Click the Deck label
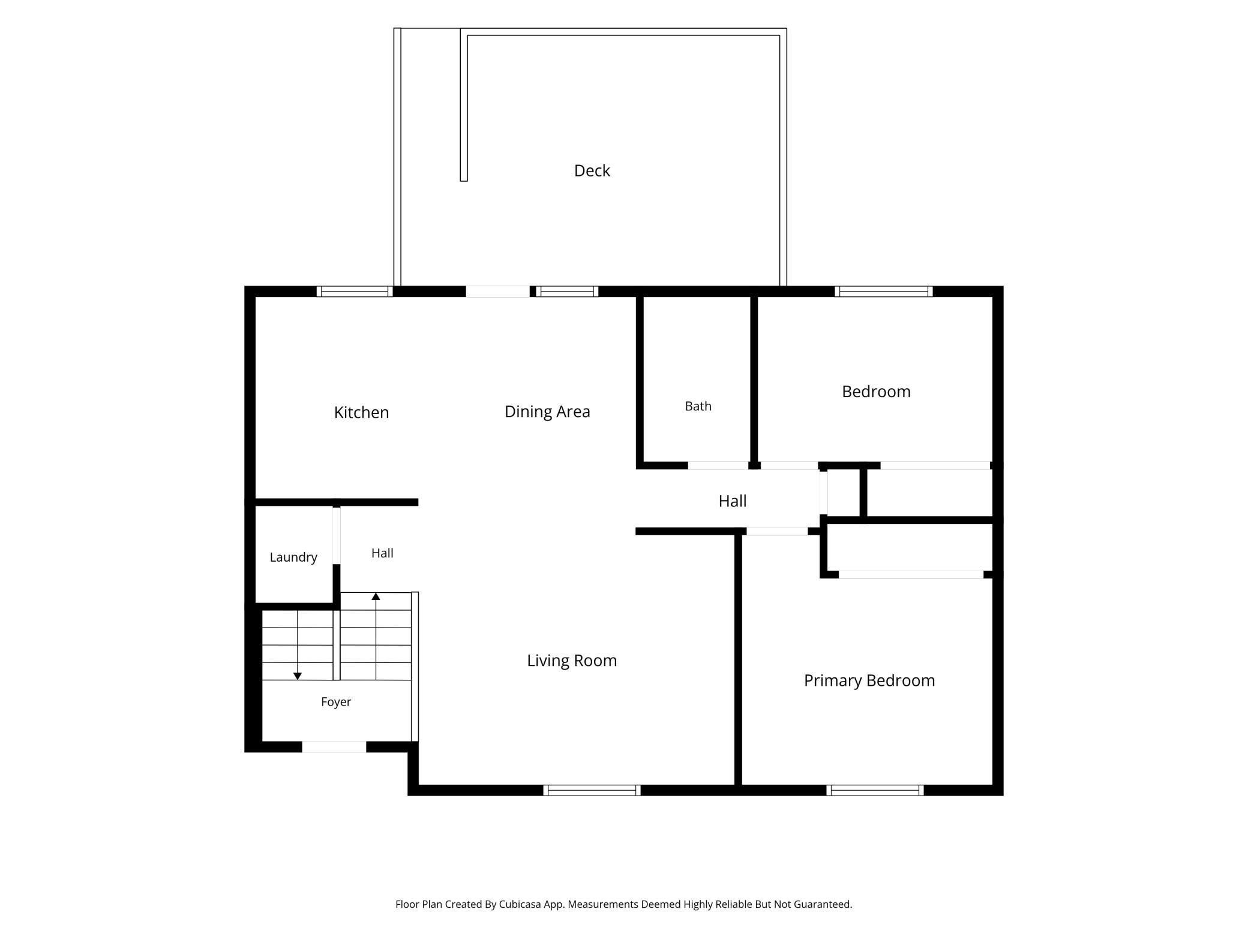coord(592,171)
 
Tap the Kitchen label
coord(361,412)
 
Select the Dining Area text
coord(547,412)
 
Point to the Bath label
coord(698,406)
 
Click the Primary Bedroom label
coord(869,680)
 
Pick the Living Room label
coord(572,661)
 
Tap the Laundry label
coord(293,557)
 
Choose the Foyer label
coord(336,702)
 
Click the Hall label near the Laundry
coord(382,553)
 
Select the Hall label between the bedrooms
coord(733,501)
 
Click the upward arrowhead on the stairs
coord(376,596)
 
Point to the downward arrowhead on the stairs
coord(297,676)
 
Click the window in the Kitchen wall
coord(355,292)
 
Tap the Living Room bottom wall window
coord(592,790)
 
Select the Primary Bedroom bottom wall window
coord(875,790)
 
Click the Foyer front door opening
coord(334,747)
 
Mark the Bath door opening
coord(718,466)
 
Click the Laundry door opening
coord(337,535)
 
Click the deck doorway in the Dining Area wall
coord(498,292)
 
